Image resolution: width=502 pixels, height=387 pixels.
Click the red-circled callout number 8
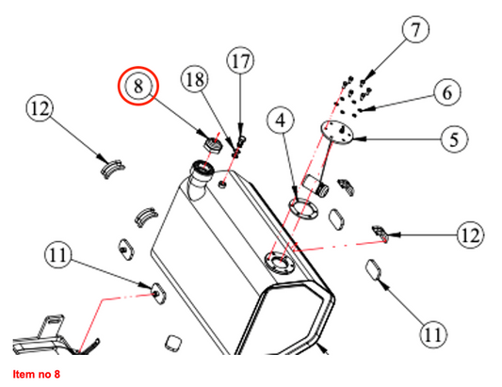click(x=138, y=86)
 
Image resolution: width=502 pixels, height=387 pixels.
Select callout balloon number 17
click(x=240, y=60)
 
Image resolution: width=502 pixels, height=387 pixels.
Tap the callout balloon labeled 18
click(x=195, y=79)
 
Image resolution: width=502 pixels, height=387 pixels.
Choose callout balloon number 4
click(x=281, y=121)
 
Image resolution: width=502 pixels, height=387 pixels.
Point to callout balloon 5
click(x=454, y=139)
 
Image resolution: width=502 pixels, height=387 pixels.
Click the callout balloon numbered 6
click(x=447, y=92)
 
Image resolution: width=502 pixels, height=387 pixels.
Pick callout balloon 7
click(x=415, y=29)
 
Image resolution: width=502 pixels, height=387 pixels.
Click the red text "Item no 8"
click(x=36, y=374)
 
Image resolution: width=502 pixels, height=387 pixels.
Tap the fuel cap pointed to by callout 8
click(x=213, y=144)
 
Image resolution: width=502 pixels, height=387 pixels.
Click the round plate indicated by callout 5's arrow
click(x=337, y=133)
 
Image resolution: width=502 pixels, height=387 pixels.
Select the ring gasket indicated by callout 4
click(x=304, y=208)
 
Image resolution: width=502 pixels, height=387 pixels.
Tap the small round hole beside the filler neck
click(x=223, y=184)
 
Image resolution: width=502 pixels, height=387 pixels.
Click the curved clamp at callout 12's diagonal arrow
click(x=113, y=169)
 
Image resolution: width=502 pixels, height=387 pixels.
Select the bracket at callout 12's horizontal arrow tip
click(x=380, y=234)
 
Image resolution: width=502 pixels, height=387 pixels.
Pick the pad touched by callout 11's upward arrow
click(x=374, y=269)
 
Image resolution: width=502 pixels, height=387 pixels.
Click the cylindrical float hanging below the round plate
click(x=316, y=185)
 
